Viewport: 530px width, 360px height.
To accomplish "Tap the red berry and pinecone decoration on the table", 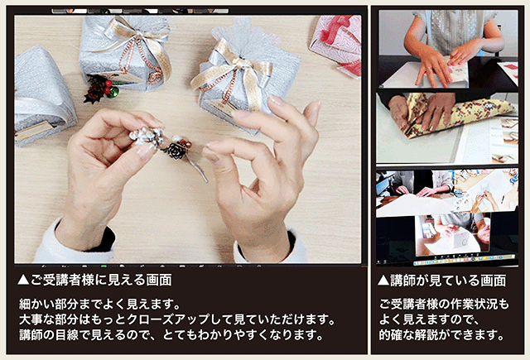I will [99, 88].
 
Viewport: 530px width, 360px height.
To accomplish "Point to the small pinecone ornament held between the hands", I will [176, 150].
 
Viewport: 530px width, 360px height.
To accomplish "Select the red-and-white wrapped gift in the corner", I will [337, 41].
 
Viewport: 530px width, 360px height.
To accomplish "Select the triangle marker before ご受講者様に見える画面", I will [23, 281].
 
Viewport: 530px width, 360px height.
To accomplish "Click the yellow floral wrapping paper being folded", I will [447, 112].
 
